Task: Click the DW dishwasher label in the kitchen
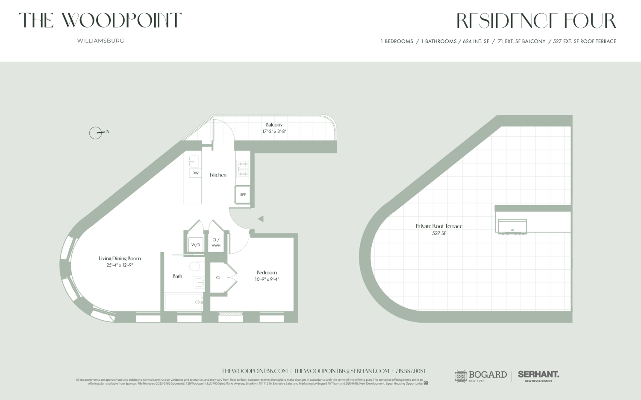[x=195, y=173]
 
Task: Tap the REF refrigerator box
[x=243, y=195]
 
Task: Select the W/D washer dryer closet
[x=195, y=245]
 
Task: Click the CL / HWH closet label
[x=216, y=243]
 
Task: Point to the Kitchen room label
[x=218, y=175]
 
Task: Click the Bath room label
[x=177, y=276]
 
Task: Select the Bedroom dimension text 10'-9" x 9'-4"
[x=267, y=279]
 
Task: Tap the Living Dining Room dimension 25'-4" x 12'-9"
[x=120, y=265]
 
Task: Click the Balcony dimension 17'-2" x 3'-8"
[x=274, y=132]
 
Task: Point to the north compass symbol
[x=96, y=133]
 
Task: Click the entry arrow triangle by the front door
[x=260, y=219]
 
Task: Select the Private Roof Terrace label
[x=439, y=226]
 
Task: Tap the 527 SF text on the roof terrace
[x=439, y=233]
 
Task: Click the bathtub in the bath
[x=184, y=302]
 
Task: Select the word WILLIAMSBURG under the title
[x=100, y=41]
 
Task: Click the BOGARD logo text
[x=487, y=375]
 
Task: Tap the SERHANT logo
[x=538, y=375]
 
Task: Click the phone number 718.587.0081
[x=410, y=371]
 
